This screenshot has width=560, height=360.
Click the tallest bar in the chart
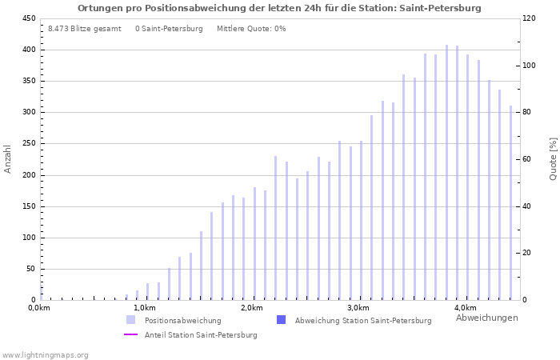[x=446, y=172]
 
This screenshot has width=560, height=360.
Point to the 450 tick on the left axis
[x=29, y=18]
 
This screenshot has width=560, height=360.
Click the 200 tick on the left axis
[x=29, y=175]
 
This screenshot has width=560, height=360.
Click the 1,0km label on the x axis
[x=145, y=308]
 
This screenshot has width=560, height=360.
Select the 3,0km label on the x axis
[x=358, y=308]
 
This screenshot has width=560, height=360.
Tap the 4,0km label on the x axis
[x=465, y=308]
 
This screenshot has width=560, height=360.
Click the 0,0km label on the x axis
[x=39, y=308]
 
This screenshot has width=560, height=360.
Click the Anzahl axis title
[x=8, y=158]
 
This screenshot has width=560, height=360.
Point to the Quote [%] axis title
[x=553, y=158]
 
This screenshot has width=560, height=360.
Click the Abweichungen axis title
[x=486, y=318]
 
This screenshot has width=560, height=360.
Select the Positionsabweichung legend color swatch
[x=130, y=320]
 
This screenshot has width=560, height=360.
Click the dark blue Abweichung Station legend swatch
[x=280, y=320]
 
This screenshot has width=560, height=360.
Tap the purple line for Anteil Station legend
[x=130, y=335]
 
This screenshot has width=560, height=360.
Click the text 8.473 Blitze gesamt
[x=85, y=29]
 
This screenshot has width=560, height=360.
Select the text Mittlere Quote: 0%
[x=251, y=29]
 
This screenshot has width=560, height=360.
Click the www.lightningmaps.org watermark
[x=46, y=354]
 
